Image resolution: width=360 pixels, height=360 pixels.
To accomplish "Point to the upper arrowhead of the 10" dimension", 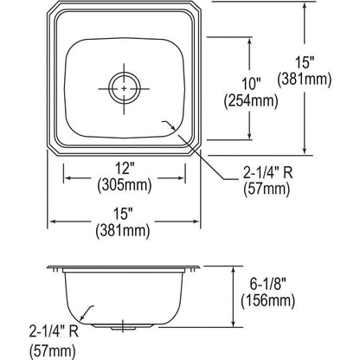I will click(252, 41).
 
